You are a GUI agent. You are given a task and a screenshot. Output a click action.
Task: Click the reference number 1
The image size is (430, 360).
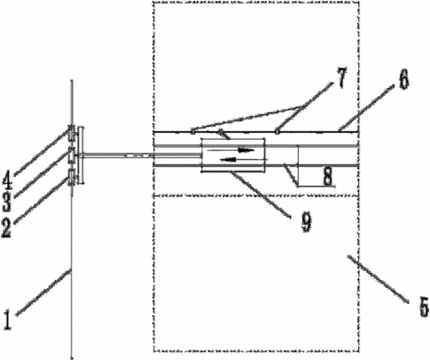coord(7,320)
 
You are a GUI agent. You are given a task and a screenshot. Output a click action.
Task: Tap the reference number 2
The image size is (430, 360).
coord(7,227)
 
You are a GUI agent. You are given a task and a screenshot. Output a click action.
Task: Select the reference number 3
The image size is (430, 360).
coord(7,202)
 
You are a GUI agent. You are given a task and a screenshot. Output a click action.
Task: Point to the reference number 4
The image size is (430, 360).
coord(7,180)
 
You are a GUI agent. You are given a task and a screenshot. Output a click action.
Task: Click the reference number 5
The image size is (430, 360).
coord(424,307)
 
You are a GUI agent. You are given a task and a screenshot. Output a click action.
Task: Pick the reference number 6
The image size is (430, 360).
coord(404,79)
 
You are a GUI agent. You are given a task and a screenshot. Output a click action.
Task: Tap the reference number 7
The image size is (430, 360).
coord(342,78)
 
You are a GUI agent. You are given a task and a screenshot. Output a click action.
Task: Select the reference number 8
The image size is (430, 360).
coord(328,176)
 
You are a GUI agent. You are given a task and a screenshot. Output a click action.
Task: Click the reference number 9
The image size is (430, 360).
coord(307,222)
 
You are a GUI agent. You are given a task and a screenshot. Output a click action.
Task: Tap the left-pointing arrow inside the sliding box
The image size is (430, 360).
coord(243,159)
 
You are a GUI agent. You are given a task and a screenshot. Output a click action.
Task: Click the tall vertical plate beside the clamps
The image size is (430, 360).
coord(81,155)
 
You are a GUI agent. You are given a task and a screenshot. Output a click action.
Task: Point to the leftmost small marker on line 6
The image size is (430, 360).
coord(193,132)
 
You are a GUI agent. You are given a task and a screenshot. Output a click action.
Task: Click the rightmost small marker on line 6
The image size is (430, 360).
coord(277,132)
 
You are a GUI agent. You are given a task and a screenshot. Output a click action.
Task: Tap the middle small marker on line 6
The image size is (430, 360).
coord(220,132)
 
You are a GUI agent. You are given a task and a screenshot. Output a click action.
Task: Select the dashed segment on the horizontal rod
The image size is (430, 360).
coord(138,155)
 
